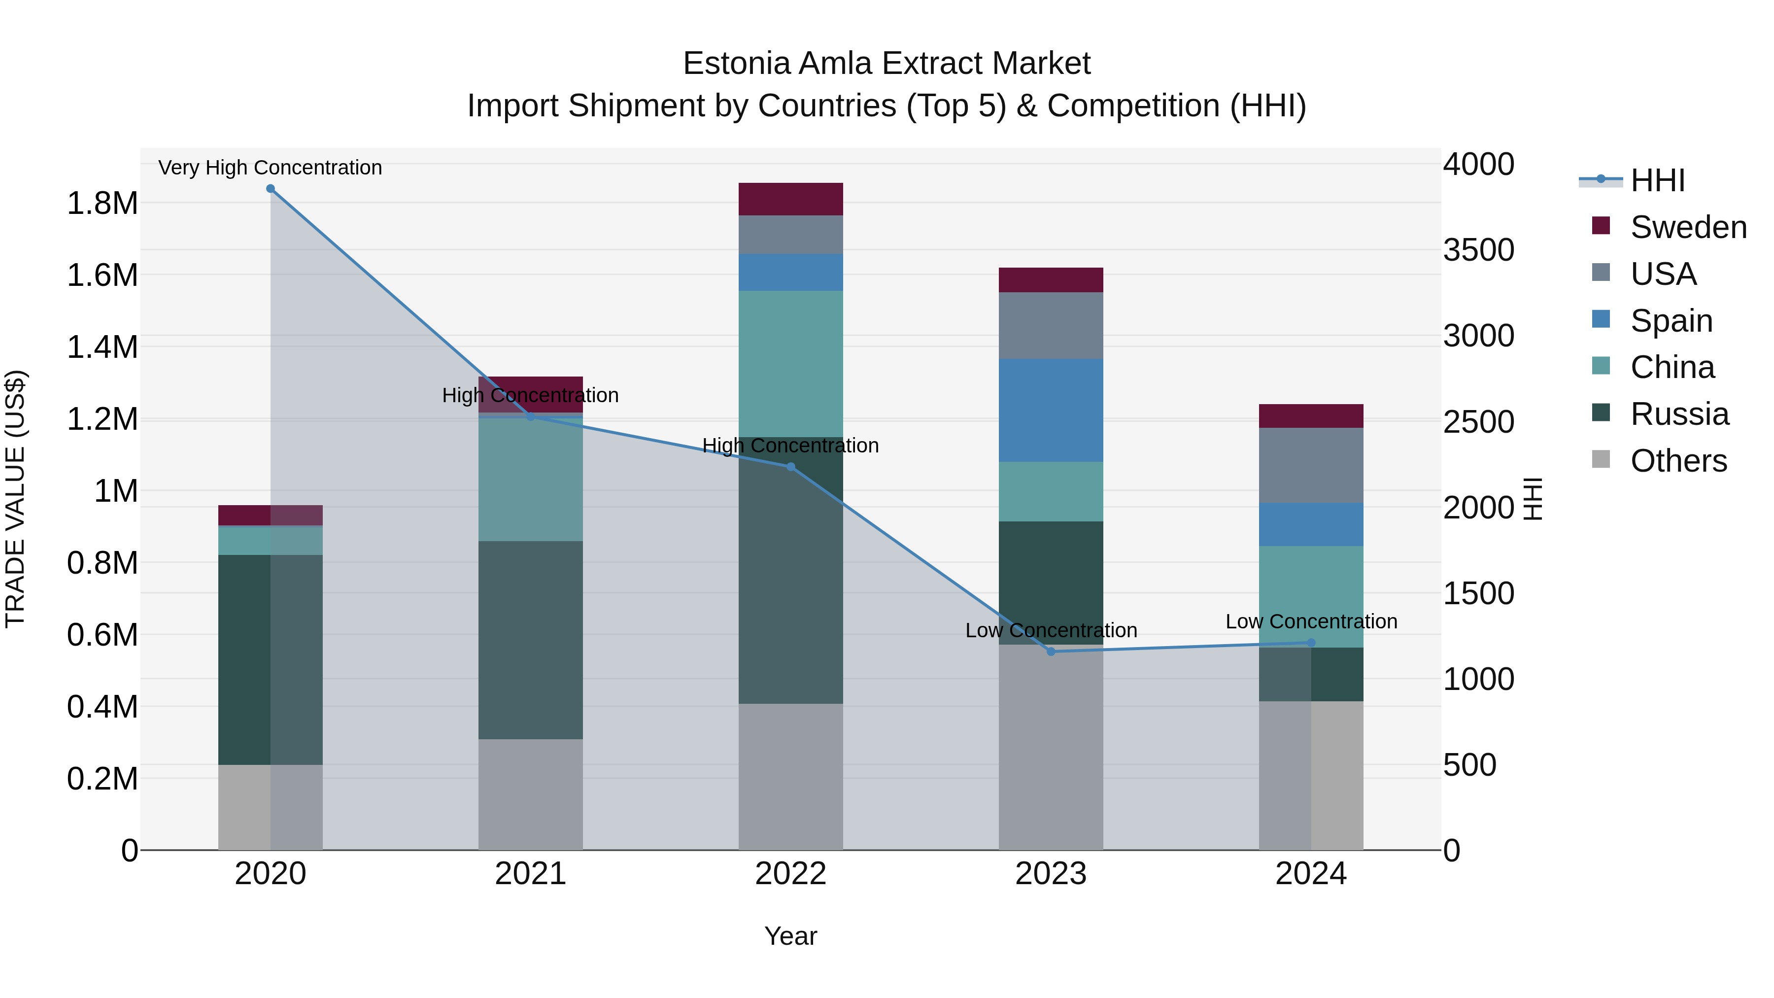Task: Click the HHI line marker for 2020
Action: pos(271,189)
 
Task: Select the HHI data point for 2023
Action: pos(1051,652)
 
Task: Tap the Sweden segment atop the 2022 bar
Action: pos(790,199)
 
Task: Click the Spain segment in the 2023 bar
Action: pos(1051,411)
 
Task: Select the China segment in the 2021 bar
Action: pos(530,480)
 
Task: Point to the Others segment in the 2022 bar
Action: pos(790,776)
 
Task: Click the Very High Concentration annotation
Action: pos(270,168)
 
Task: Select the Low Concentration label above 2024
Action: pos(1311,621)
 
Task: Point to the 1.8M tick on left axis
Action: pos(102,204)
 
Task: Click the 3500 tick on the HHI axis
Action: pos(1478,250)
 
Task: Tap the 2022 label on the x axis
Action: pos(790,874)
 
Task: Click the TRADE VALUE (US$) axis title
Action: pos(15,499)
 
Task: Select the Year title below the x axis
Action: pos(790,936)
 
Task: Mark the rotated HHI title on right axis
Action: pos(1533,499)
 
